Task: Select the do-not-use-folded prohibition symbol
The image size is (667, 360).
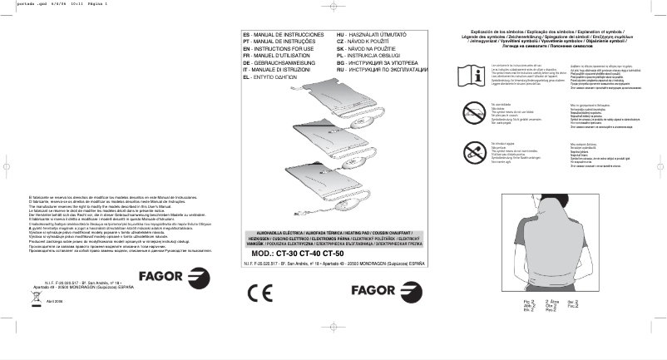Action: click(x=480, y=116)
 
